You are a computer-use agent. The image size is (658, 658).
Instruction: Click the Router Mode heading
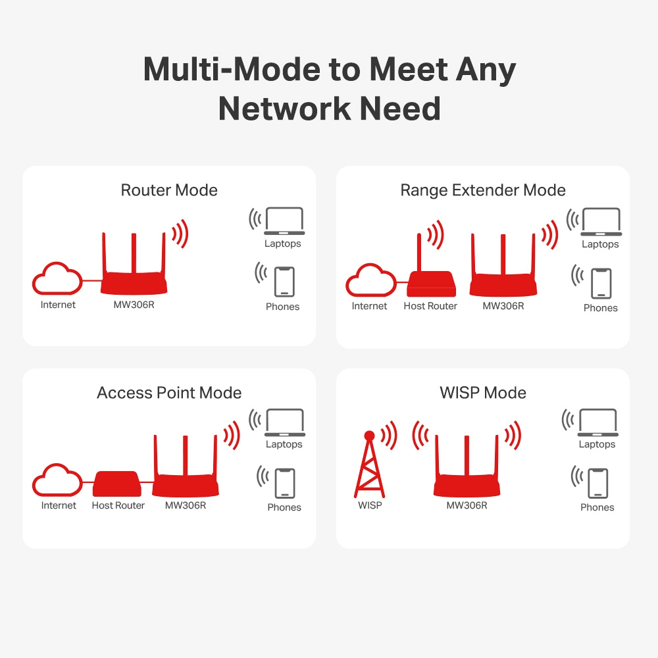click(x=169, y=191)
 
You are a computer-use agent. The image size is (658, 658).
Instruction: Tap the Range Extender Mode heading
click(x=483, y=191)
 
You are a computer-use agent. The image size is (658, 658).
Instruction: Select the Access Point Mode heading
click(x=169, y=393)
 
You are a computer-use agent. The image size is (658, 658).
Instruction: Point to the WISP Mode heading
click(x=483, y=393)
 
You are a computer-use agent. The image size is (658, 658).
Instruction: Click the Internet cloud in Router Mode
click(x=58, y=280)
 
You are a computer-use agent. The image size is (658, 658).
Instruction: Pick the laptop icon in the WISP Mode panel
click(x=597, y=423)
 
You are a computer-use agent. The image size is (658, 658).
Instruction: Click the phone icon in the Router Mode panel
click(x=284, y=282)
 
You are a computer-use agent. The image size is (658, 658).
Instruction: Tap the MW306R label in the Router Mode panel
click(x=134, y=305)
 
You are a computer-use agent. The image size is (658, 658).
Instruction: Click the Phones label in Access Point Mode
click(x=284, y=507)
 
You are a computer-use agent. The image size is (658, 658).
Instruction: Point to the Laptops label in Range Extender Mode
click(x=600, y=244)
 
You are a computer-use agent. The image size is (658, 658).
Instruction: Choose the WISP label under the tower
click(x=370, y=505)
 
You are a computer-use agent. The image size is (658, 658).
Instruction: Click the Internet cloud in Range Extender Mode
click(x=370, y=280)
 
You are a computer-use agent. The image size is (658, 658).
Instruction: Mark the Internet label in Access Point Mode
click(x=59, y=505)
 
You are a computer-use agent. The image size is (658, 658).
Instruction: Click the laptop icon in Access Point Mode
click(x=284, y=423)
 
